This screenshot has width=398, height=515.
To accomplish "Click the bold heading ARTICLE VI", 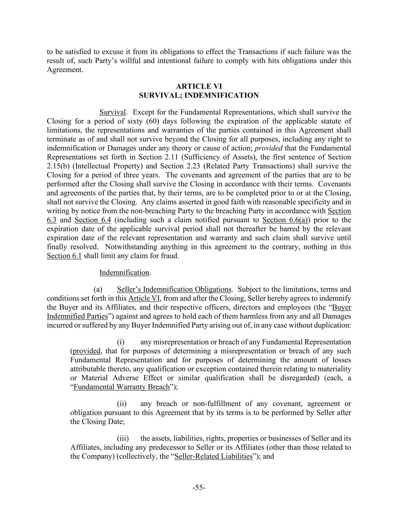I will [199, 86].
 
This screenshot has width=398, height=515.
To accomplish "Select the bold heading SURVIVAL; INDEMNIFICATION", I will [199, 95].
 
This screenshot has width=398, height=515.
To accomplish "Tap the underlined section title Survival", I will [112, 112].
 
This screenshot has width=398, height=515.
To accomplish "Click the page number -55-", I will [199, 488].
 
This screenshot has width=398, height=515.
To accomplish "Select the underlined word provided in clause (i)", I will [87, 351].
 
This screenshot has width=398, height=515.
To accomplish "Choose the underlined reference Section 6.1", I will [64, 256].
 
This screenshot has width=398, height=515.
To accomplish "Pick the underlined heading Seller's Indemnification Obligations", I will [174, 289].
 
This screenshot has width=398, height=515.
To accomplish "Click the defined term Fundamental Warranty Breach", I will [121, 387].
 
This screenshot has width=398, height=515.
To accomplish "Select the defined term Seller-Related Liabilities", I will [213, 457].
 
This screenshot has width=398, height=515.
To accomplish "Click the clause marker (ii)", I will [123, 404].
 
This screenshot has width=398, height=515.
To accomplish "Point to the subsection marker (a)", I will [98, 289].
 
